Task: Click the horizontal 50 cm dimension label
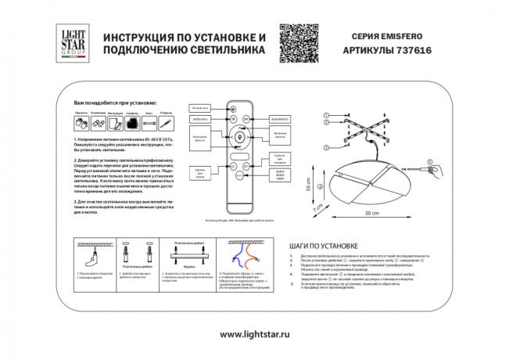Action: click(x=374, y=211)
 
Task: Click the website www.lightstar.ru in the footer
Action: click(x=254, y=334)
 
